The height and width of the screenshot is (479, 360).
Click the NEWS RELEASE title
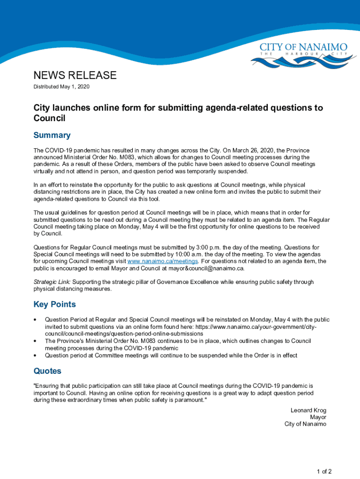75,75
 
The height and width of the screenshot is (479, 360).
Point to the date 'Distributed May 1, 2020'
61,87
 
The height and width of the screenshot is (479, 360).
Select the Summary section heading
52,135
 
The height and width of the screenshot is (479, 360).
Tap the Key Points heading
55,305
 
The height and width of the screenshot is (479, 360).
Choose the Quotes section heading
47,371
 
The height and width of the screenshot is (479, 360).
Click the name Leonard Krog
308,410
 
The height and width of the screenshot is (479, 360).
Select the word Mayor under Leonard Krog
318,417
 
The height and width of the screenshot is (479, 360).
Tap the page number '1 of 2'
324,472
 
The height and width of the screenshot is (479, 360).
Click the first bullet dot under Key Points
35,320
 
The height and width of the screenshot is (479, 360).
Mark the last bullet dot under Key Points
35,356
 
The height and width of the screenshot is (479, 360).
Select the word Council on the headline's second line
49,118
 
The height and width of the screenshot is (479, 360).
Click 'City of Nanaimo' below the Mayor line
305,424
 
